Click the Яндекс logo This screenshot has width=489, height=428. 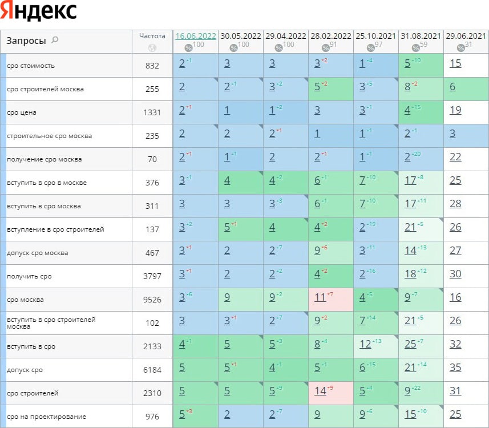[39, 11]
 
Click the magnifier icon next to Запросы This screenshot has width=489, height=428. [55, 40]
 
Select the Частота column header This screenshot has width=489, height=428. [152, 35]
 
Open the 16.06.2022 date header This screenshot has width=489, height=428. [196, 36]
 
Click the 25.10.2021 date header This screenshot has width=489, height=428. [375, 36]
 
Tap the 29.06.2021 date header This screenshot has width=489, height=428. [466, 36]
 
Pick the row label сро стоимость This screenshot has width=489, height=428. [31, 66]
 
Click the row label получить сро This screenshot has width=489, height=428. [29, 276]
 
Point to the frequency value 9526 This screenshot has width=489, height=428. [152, 300]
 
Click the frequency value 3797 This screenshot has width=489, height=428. [152, 276]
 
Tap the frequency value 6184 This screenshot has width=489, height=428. [152, 370]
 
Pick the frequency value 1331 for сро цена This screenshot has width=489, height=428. [152, 112]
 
